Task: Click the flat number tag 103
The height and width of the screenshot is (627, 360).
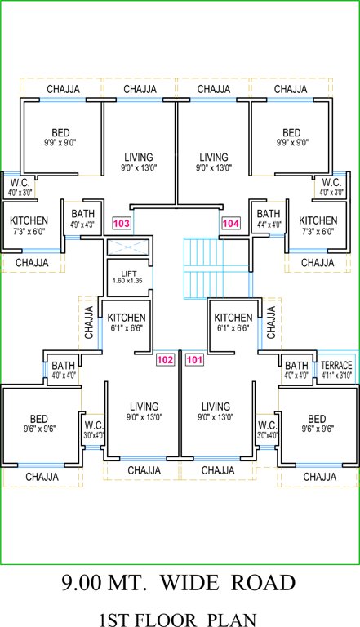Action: [x=122, y=223]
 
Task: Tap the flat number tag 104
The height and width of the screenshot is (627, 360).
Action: [x=231, y=223]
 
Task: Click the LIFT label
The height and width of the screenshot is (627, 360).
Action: [x=127, y=273]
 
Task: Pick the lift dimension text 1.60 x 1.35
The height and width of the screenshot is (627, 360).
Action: [x=127, y=281]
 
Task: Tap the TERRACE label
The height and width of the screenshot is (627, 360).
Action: [x=336, y=365]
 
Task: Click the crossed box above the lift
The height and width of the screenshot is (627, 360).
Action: [x=127, y=247]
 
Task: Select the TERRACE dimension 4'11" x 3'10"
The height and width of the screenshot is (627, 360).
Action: [x=336, y=376]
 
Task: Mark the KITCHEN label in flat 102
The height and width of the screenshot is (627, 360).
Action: [x=127, y=318]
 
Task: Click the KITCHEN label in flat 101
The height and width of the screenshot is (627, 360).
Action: [x=233, y=318]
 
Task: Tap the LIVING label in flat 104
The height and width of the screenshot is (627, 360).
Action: [x=214, y=157]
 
